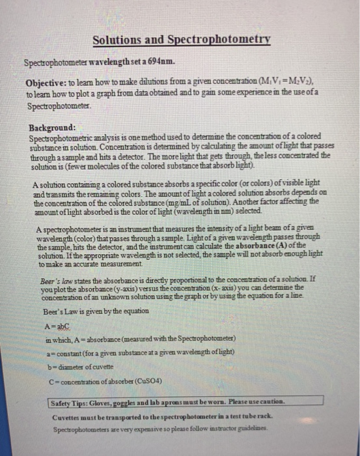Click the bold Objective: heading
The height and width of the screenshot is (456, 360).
tap(49, 84)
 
